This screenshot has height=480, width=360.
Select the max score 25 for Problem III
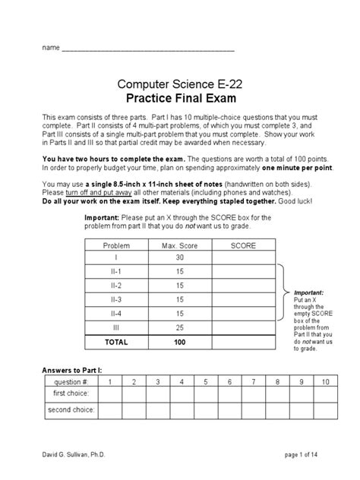point(179,327)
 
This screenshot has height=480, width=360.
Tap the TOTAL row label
point(116,342)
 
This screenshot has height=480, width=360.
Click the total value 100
point(179,342)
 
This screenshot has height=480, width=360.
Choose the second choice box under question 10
point(326,410)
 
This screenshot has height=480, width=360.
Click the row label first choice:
point(70,394)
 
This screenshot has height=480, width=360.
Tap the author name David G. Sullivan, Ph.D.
point(74,453)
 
